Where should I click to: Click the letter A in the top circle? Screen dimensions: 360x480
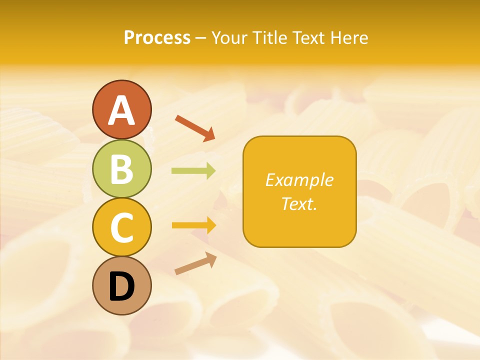121,110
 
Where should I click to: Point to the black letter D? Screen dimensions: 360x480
121,286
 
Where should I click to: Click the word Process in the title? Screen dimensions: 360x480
157,38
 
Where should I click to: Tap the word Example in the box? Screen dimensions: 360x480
299,180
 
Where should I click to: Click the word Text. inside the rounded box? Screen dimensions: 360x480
299,203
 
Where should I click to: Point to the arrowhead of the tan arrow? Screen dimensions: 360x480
211,258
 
